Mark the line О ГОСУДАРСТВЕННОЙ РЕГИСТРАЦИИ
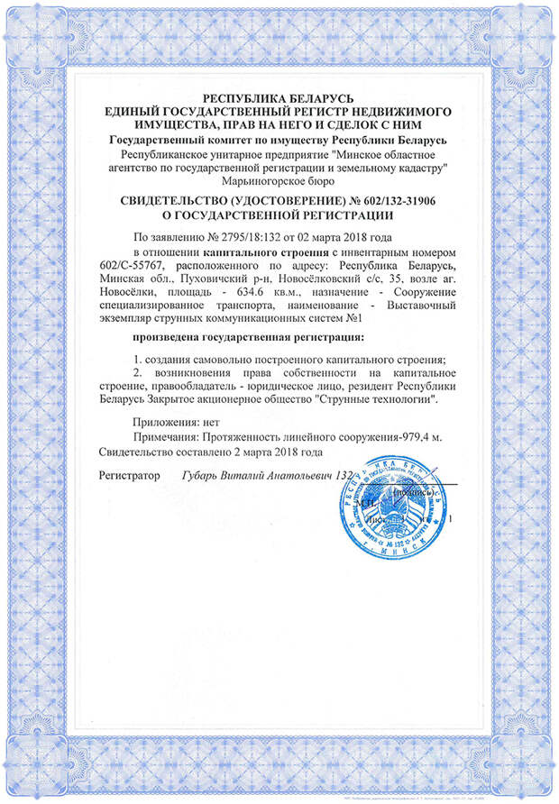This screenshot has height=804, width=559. pyautogui.click(x=279, y=215)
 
